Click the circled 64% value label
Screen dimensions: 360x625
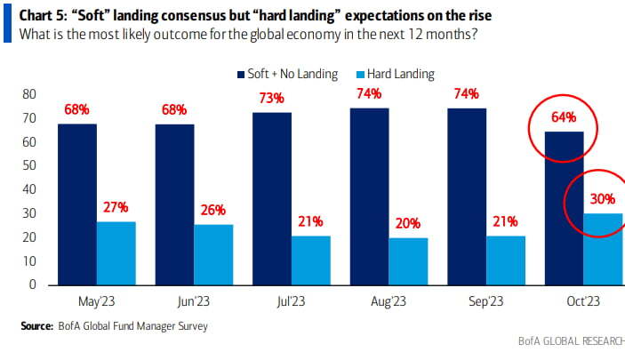click(564, 116)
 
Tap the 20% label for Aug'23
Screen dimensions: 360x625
click(409, 224)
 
